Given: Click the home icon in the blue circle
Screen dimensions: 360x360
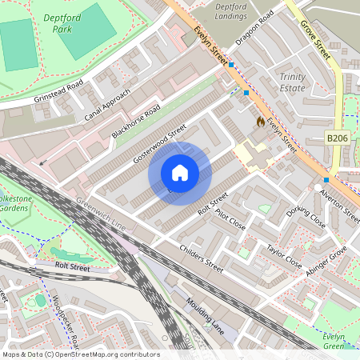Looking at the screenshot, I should pos(180,173).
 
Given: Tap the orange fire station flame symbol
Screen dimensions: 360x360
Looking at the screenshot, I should pos(259,121).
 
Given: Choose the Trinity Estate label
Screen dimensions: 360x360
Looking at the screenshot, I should pos(292,82).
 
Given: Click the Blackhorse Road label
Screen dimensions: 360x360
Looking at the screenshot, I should pos(137,121).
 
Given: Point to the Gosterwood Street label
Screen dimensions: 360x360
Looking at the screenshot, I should pos(160,143).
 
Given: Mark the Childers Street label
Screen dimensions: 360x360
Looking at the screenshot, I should pos(202,254).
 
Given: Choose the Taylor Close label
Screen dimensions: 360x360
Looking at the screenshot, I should pos(284,257).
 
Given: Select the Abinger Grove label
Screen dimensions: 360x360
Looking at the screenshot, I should pos(326,262).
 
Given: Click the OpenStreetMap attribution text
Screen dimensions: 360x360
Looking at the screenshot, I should pos(80,354).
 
